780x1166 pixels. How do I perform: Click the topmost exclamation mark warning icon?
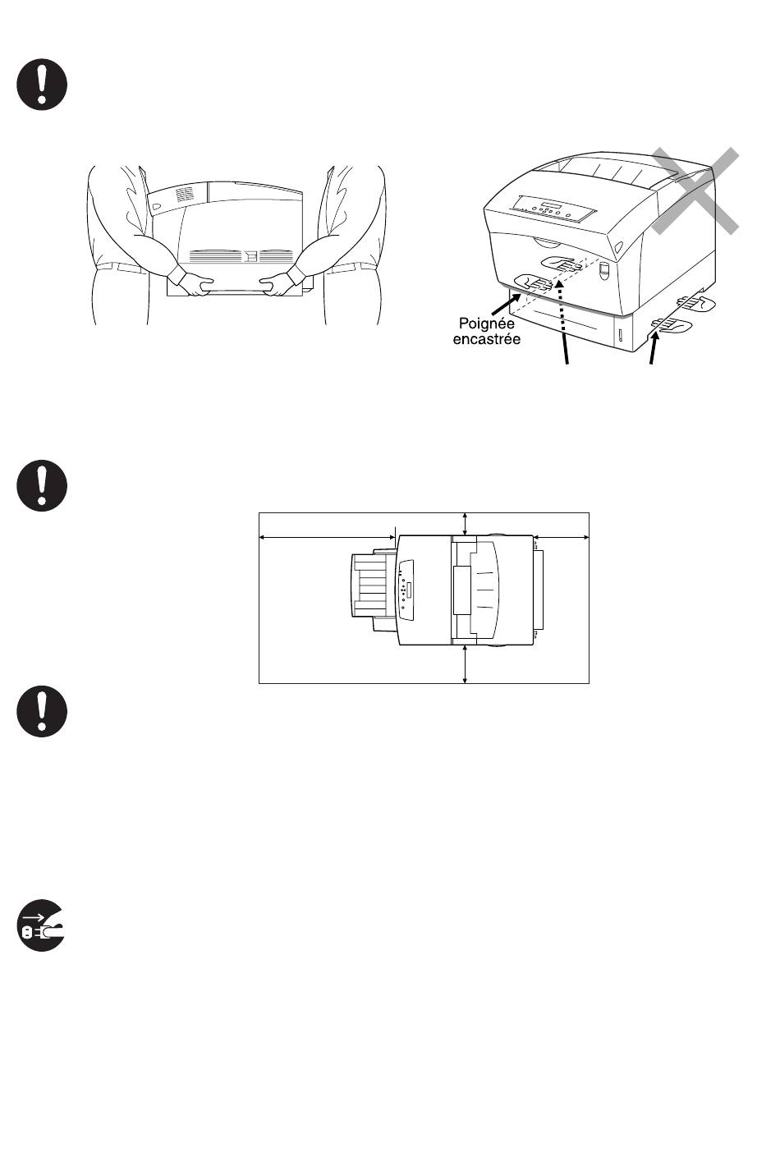point(42,85)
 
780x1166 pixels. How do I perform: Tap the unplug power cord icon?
point(42,926)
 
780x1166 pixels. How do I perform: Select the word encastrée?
point(486,339)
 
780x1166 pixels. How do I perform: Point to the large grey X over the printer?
point(695,191)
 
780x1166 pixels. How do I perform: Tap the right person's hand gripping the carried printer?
point(280,283)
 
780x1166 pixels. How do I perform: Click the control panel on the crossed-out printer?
point(551,210)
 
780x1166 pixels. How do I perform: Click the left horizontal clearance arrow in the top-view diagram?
point(328,538)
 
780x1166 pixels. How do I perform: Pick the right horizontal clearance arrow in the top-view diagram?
point(562,538)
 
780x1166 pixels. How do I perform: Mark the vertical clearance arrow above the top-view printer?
point(466,523)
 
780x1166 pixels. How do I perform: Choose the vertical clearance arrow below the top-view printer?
point(466,663)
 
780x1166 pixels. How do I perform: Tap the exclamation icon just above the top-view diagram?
point(42,486)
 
